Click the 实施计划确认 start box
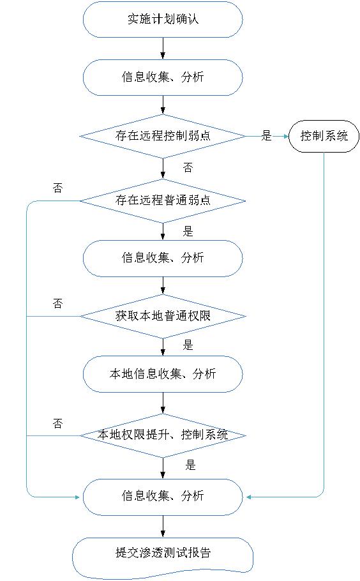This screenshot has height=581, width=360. pyautogui.click(x=163, y=19)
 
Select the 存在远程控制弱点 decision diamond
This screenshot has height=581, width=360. pyautogui.click(x=163, y=137)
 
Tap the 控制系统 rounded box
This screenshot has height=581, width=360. pyautogui.click(x=324, y=136)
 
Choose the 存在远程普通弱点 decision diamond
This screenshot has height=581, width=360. pyautogui.click(x=163, y=201)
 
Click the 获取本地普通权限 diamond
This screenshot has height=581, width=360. pyautogui.click(x=163, y=317)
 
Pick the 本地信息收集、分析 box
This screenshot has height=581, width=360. pyautogui.click(x=163, y=374)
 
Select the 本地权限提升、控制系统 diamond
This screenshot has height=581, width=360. pyautogui.click(x=163, y=435)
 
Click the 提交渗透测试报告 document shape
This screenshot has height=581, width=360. pyautogui.click(x=163, y=557)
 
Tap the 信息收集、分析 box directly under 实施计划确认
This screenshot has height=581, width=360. pyautogui.click(x=163, y=77)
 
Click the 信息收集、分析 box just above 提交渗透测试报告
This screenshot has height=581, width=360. pyautogui.click(x=163, y=497)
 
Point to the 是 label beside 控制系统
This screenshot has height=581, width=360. pyautogui.click(x=266, y=135)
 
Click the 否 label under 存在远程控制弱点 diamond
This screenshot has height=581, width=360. pyautogui.click(x=188, y=168)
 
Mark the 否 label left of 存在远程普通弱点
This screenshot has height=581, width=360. pyautogui.click(x=58, y=188)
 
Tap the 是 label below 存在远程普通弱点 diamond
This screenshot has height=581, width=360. pyautogui.click(x=188, y=232)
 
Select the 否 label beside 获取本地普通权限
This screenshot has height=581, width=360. pyautogui.click(x=58, y=304)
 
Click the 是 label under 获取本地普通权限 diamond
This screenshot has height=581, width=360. pyautogui.click(x=188, y=345)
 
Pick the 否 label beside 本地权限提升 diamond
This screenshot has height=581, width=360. pyautogui.click(x=58, y=423)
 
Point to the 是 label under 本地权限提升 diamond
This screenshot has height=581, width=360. pyautogui.click(x=190, y=465)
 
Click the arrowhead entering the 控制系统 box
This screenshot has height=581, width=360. pyautogui.click(x=285, y=137)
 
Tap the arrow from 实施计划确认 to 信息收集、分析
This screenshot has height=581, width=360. pyautogui.click(x=163, y=48)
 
